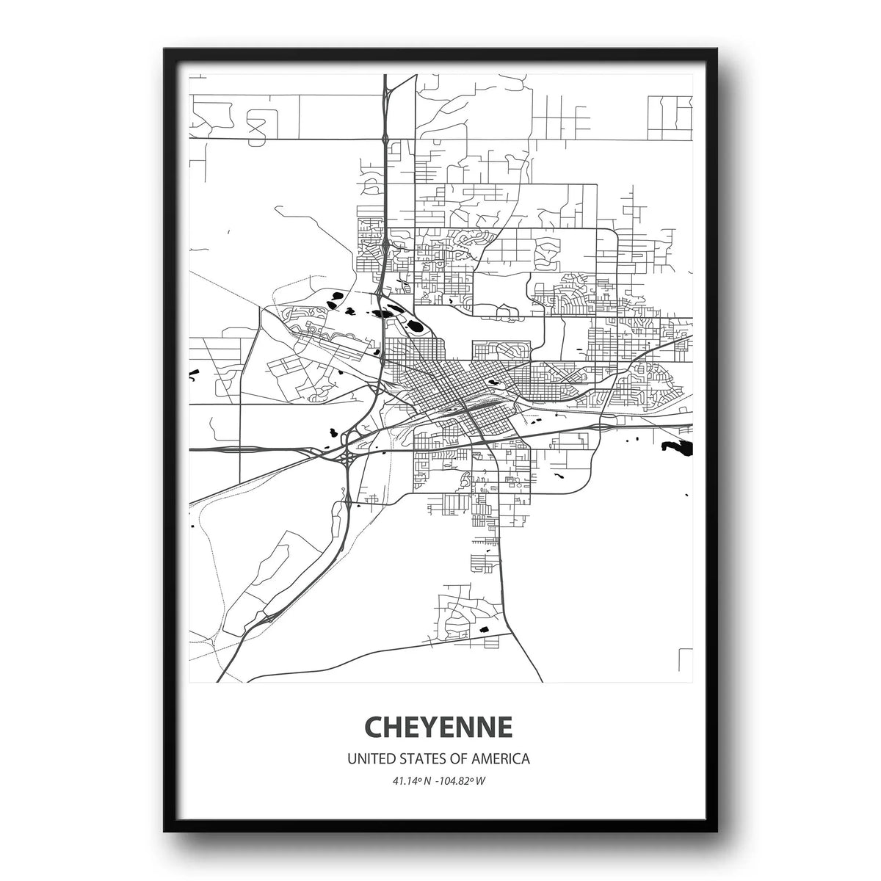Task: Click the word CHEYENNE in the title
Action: point(438,727)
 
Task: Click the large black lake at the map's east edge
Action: point(678,446)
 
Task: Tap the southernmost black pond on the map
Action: point(482,630)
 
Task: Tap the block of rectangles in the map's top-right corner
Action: point(670,117)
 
